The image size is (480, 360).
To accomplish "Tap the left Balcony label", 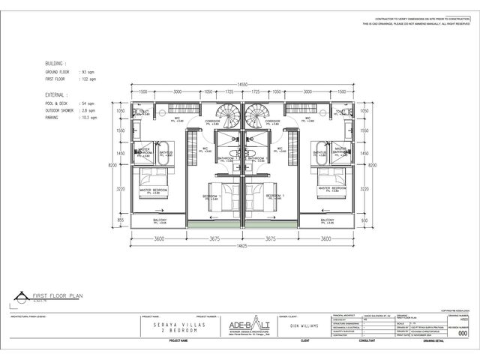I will [x=160, y=220].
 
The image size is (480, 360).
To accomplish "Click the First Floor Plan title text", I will [x=61, y=297].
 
